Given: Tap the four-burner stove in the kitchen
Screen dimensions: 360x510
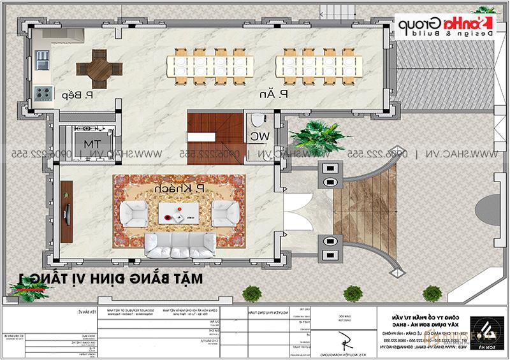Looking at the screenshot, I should point(43,94).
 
